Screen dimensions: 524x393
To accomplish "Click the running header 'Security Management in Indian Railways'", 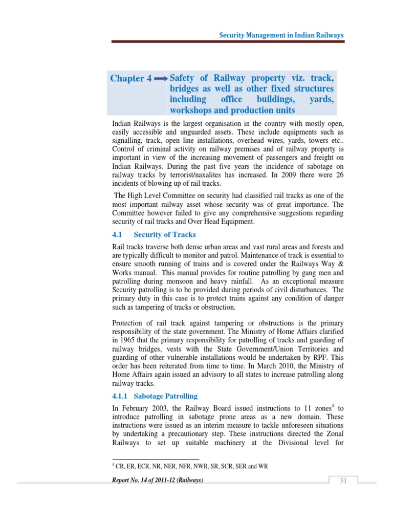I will click(x=281, y=35).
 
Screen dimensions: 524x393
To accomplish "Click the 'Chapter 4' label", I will click(x=132, y=78).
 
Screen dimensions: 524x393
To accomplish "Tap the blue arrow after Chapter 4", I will click(x=161, y=78).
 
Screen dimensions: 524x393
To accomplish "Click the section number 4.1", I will click(x=118, y=234).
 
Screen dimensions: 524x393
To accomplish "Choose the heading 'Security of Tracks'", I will click(x=165, y=234).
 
